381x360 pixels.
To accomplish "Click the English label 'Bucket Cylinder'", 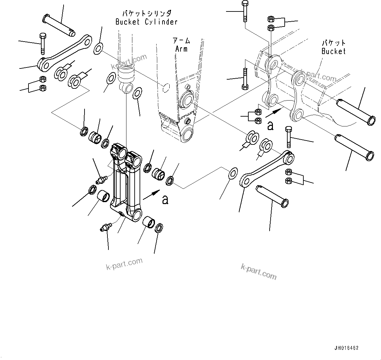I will tap(146, 22).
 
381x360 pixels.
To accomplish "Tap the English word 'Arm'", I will tap(181, 49).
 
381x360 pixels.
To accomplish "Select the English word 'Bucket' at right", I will tap(333, 51).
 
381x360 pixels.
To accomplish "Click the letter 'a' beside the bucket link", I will tap(270, 126).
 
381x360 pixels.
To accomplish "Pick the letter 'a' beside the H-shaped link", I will tap(165, 199).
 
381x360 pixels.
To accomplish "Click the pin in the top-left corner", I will tap(59, 25).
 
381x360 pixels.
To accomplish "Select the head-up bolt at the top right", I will tap(245, 11).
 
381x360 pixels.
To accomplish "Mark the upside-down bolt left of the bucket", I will tap(245, 79).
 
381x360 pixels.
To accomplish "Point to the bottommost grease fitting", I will tap(105, 227).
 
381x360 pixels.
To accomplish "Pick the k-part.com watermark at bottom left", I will tap(124, 264).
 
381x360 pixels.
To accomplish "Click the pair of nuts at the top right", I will tap(271, 23).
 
